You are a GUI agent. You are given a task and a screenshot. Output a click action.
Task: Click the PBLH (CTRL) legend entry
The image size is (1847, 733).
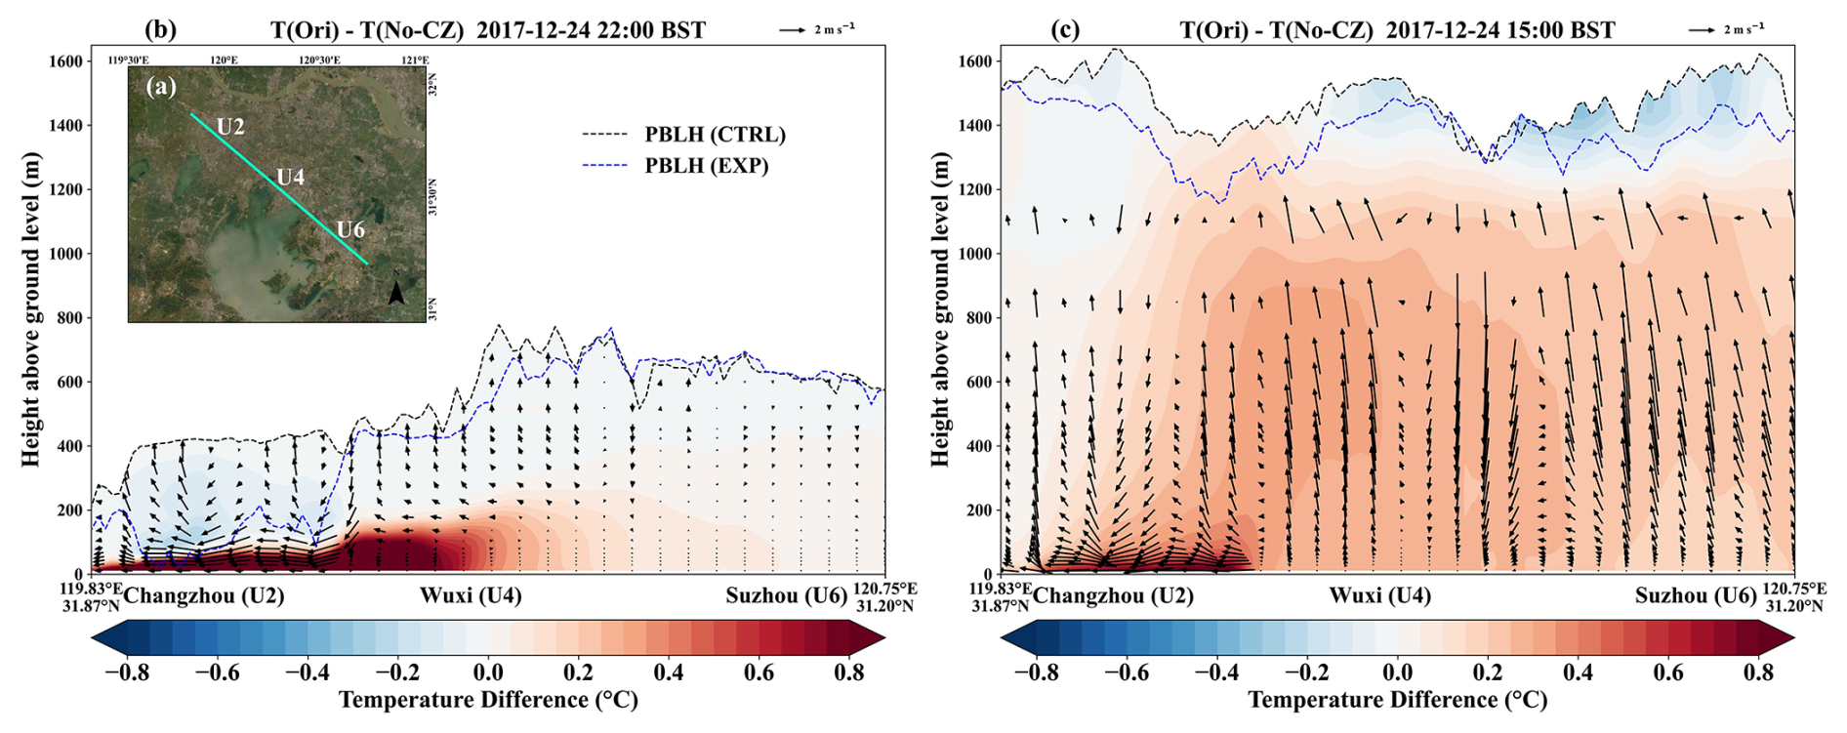pos(683,135)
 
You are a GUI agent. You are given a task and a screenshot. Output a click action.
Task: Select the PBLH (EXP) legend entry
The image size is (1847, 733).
pos(676,166)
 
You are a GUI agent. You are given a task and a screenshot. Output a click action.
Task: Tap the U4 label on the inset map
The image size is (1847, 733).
pos(291,177)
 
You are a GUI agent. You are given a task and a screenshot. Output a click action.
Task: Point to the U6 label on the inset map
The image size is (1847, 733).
pos(350,229)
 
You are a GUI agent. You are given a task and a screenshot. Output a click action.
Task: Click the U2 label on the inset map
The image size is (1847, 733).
pos(230,126)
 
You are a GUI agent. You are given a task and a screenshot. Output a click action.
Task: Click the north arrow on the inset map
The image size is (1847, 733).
pos(396,293)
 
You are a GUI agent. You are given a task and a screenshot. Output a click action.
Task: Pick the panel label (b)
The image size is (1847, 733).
pos(161,29)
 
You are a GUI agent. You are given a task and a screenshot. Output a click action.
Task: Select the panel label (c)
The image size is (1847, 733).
pos(1065,29)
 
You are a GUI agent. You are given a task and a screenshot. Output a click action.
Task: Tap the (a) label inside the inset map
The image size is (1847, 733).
pos(161,87)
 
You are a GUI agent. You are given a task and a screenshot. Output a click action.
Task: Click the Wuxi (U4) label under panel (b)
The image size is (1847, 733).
pos(471,595)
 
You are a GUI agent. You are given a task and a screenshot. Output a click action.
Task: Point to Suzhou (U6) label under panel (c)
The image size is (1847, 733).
pos(1696,595)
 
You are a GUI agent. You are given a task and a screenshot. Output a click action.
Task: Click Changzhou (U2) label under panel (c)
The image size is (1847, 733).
pos(1113,595)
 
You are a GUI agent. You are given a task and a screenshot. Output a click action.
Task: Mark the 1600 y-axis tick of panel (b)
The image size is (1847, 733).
pos(66,61)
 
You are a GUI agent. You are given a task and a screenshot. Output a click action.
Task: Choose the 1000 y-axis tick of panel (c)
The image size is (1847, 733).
pos(975,254)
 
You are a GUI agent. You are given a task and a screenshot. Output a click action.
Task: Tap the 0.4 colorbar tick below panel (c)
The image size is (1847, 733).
pos(1579,672)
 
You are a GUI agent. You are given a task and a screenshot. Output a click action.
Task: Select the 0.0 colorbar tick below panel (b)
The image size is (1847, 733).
pos(488,672)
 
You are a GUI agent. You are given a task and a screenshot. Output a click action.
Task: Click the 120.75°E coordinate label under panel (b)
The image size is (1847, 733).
pos(886,589)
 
